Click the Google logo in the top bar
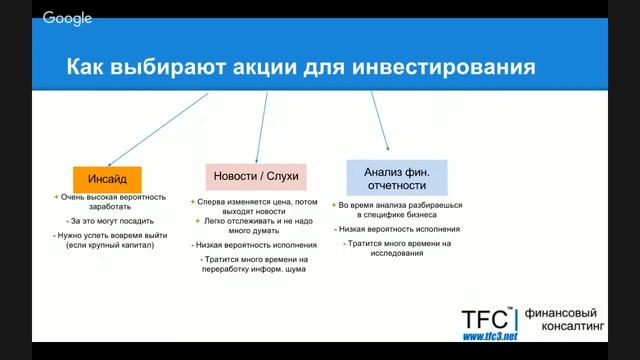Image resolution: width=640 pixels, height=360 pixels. point(68,18)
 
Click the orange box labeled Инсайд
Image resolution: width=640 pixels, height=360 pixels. point(108,180)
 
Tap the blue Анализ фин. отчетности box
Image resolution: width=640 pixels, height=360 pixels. point(397,177)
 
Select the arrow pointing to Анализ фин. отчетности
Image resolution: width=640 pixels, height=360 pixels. point(380,120)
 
